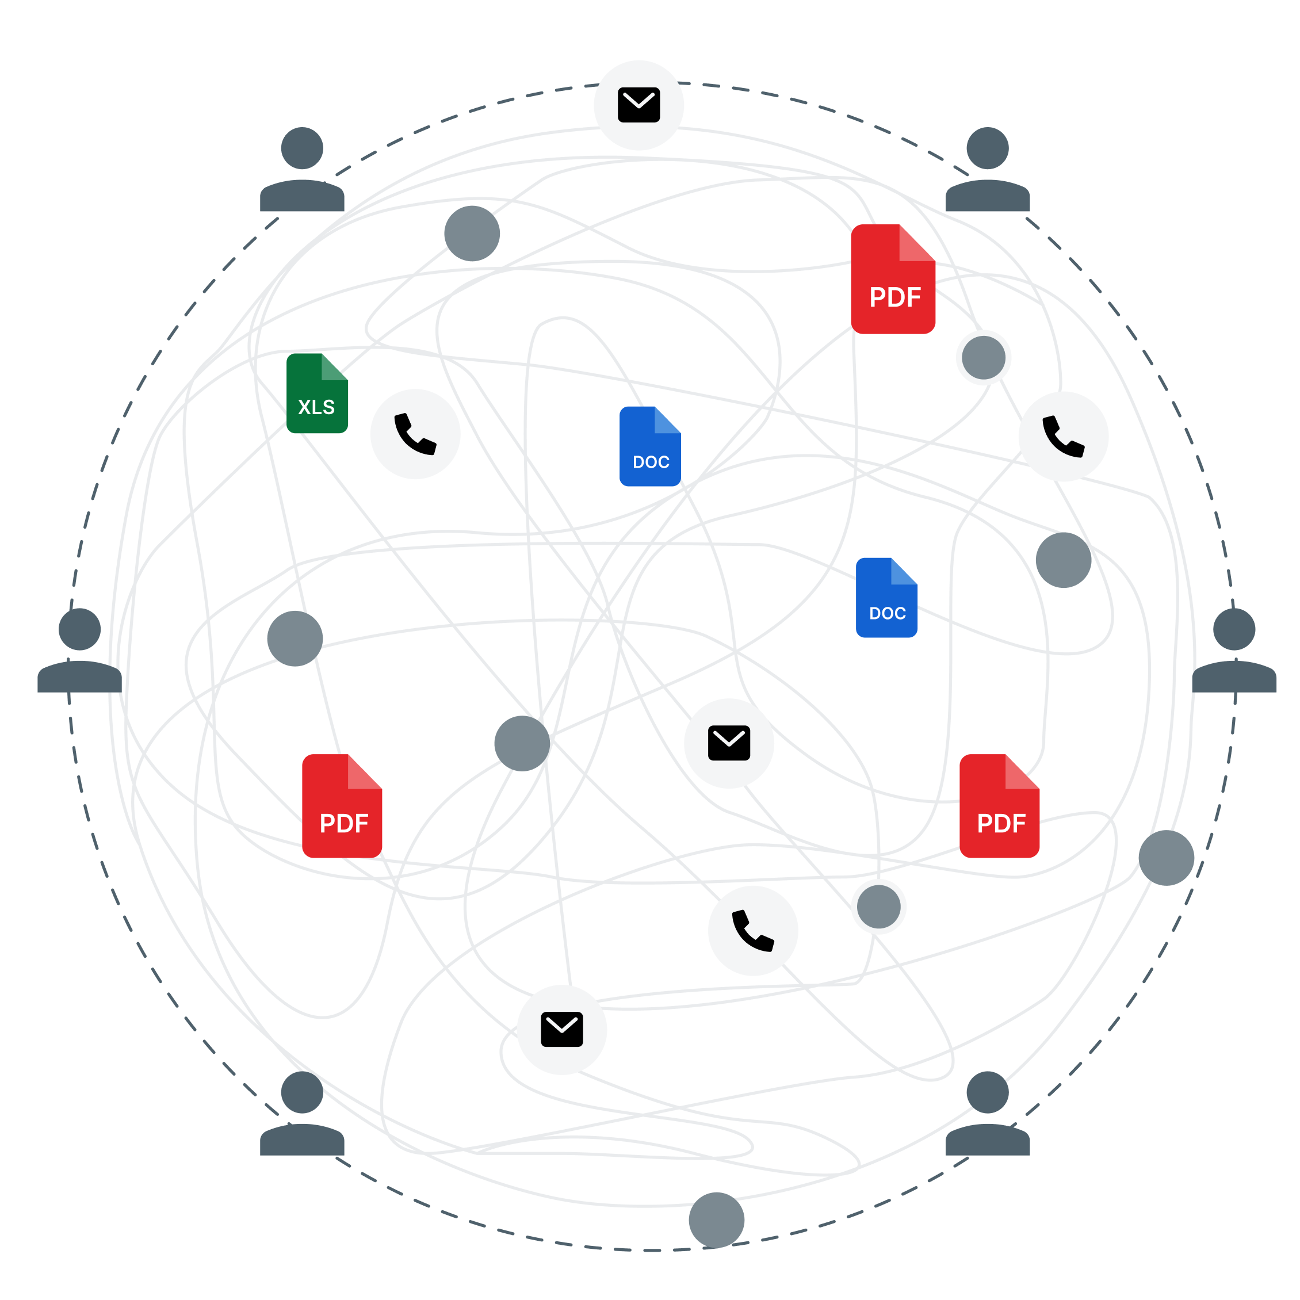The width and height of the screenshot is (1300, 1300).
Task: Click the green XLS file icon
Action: point(317,393)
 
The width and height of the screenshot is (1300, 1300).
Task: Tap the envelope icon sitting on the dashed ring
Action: point(638,105)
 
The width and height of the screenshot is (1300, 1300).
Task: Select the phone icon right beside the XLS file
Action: point(415,434)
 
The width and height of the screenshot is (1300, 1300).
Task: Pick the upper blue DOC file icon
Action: point(650,446)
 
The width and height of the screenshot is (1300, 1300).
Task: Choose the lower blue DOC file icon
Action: point(886,598)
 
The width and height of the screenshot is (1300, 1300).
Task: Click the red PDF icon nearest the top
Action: point(893,279)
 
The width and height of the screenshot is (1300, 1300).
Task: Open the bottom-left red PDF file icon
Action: point(342,806)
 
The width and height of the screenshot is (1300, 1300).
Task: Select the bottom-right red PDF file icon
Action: point(999,806)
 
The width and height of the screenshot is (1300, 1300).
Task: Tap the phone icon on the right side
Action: point(1063,437)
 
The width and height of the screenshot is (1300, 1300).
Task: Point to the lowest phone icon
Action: point(753,931)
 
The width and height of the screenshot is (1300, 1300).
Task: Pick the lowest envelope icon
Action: point(562,1030)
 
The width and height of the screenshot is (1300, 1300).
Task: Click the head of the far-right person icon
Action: point(1234,629)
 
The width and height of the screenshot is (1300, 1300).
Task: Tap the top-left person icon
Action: point(302,170)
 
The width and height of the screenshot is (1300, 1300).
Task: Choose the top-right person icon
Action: point(987,170)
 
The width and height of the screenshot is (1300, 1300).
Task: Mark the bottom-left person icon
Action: point(302,1114)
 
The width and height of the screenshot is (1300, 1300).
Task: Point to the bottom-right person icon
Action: point(987,1114)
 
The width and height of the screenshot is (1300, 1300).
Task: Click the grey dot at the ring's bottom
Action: point(717,1220)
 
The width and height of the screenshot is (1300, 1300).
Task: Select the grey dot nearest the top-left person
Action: point(472,234)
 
